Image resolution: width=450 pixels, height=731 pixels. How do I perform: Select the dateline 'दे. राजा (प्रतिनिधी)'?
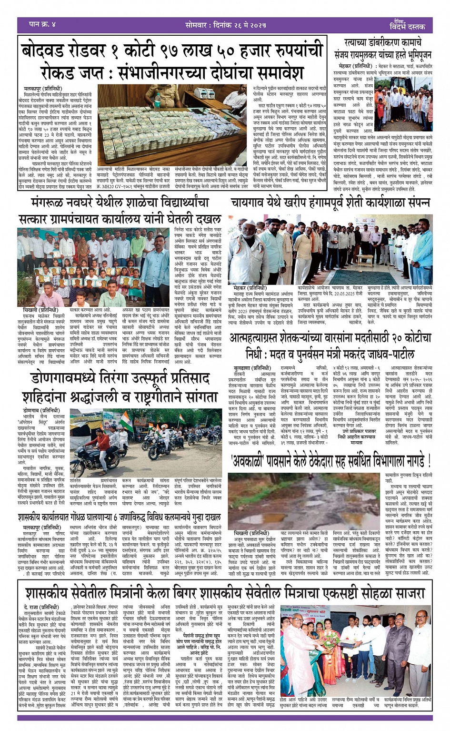[41, 607]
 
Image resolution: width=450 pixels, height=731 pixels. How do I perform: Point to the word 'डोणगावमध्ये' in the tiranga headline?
[70, 378]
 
